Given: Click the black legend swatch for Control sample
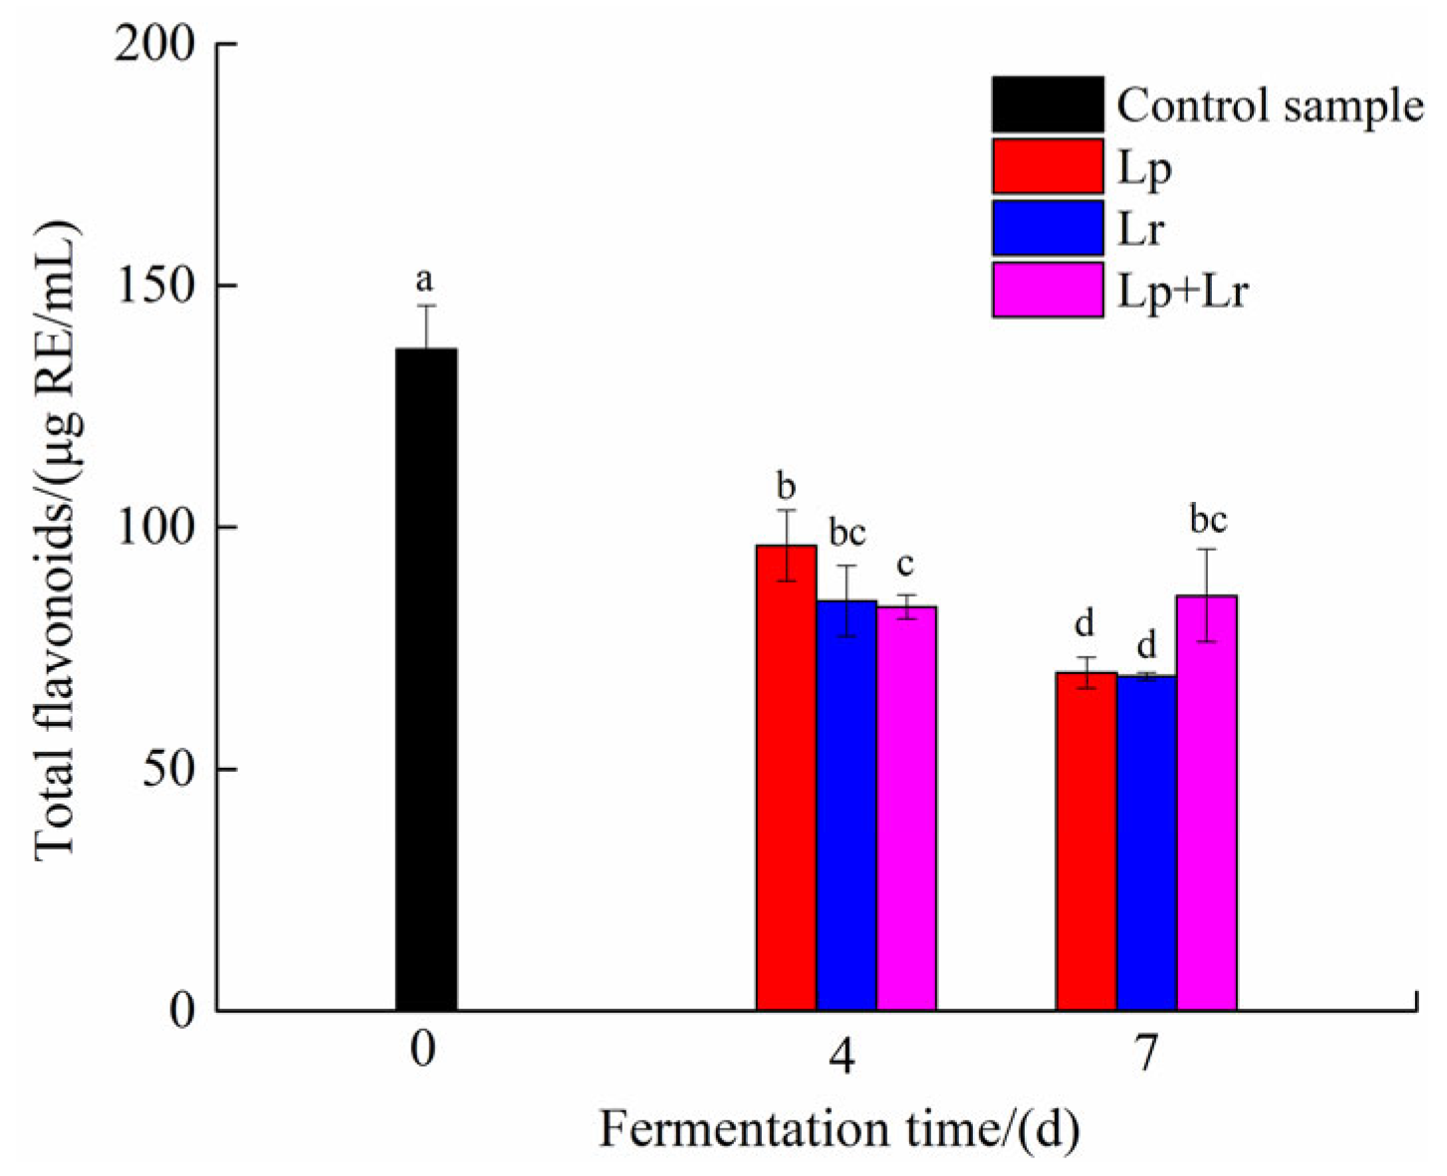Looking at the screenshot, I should (1047, 105).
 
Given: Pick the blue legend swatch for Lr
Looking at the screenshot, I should (1047, 228).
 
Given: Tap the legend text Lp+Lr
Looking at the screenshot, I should (1182, 292).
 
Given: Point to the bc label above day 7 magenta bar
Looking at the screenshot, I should (1208, 520).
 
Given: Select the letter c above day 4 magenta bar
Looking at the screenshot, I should (905, 566).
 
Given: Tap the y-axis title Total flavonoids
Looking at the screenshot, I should (57, 538).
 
